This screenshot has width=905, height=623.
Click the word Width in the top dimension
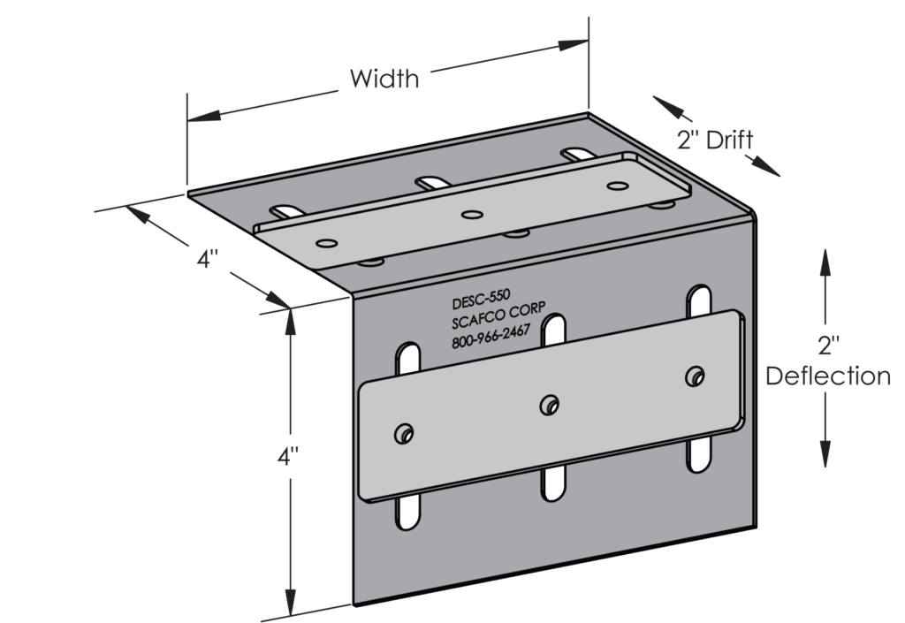point(384,79)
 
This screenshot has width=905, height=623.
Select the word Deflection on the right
point(827,376)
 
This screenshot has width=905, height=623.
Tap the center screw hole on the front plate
point(550,403)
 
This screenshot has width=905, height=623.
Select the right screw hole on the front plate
point(696,375)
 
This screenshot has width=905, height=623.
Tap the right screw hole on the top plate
point(616,186)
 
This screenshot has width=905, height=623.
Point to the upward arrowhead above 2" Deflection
point(824,258)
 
